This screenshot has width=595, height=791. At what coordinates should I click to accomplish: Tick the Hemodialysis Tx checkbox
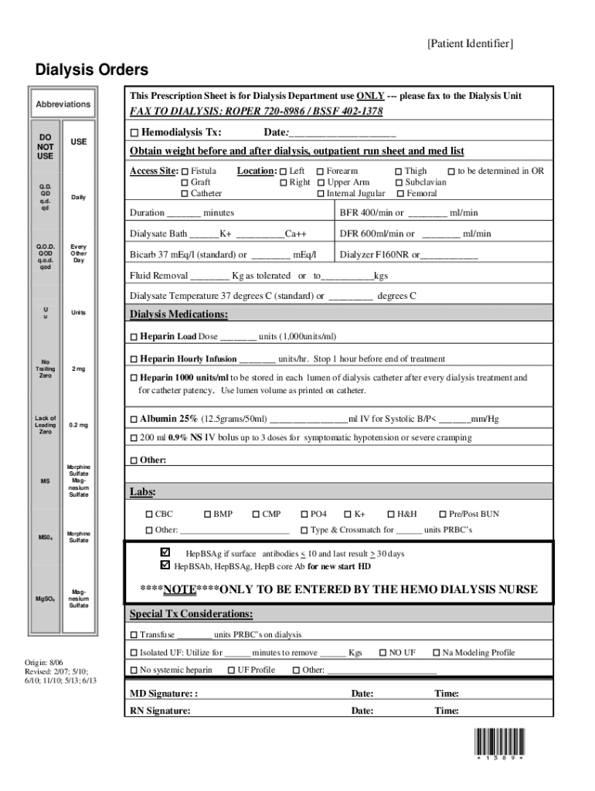pyautogui.click(x=134, y=133)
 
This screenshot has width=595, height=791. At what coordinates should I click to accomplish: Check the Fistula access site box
pyautogui.click(x=185, y=171)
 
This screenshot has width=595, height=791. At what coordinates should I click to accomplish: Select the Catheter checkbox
pyautogui.click(x=185, y=193)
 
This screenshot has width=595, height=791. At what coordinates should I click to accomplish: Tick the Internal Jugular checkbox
pyautogui.click(x=321, y=193)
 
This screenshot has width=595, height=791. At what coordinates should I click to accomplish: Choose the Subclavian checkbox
pyautogui.click(x=399, y=182)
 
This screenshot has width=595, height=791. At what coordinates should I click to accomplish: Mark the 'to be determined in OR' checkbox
pyautogui.click(x=451, y=171)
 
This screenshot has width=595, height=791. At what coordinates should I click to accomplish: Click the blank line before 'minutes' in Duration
pyautogui.click(x=184, y=213)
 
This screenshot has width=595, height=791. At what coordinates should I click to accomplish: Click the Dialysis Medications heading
pyautogui.click(x=178, y=314)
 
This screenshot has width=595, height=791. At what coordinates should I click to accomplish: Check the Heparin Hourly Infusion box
pyautogui.click(x=134, y=359)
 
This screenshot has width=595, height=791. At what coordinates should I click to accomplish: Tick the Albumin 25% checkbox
pyautogui.click(x=134, y=419)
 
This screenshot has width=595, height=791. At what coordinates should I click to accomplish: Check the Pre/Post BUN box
pyautogui.click(x=443, y=514)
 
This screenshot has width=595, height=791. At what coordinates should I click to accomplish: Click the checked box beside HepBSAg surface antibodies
pyautogui.click(x=164, y=553)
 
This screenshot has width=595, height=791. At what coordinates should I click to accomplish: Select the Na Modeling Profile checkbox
pyautogui.click(x=436, y=653)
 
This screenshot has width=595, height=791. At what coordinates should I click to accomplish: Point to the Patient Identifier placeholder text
pyautogui.click(x=470, y=44)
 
